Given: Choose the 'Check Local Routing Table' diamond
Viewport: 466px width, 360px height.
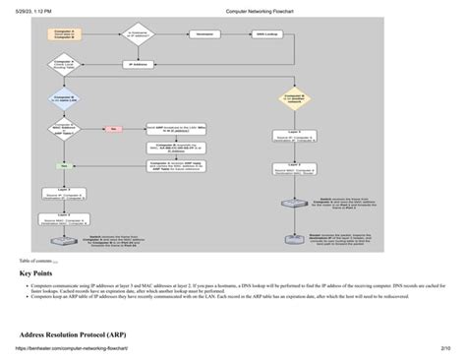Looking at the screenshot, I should point(64,65).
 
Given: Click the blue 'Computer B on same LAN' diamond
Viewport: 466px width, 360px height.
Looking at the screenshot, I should point(64,98).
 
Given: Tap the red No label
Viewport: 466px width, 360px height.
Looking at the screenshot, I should point(113,129).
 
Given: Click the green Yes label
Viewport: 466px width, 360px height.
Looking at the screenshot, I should point(64,165).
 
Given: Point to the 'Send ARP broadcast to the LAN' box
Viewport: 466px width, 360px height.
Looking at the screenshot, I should point(173,129).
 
